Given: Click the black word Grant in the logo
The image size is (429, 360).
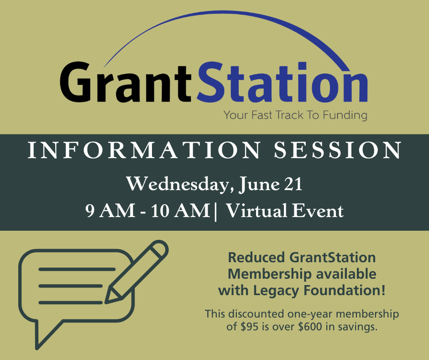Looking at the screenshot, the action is click(126, 82).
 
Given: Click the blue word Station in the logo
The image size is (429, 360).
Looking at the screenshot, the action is click(282, 81).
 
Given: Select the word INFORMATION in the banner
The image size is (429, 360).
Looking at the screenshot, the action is click(144, 150).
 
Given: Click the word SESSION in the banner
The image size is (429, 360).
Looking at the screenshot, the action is click(338, 150).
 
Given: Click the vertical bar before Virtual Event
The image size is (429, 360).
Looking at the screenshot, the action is click(216, 212).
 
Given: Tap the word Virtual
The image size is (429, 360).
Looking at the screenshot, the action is click(257, 211).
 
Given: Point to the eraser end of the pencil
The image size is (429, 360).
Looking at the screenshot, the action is click(159, 249).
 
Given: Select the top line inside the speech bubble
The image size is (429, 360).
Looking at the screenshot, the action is click(77, 270).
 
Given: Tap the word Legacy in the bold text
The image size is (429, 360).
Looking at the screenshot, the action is click(276, 291).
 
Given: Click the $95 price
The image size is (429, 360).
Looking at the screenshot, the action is click(250, 327).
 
